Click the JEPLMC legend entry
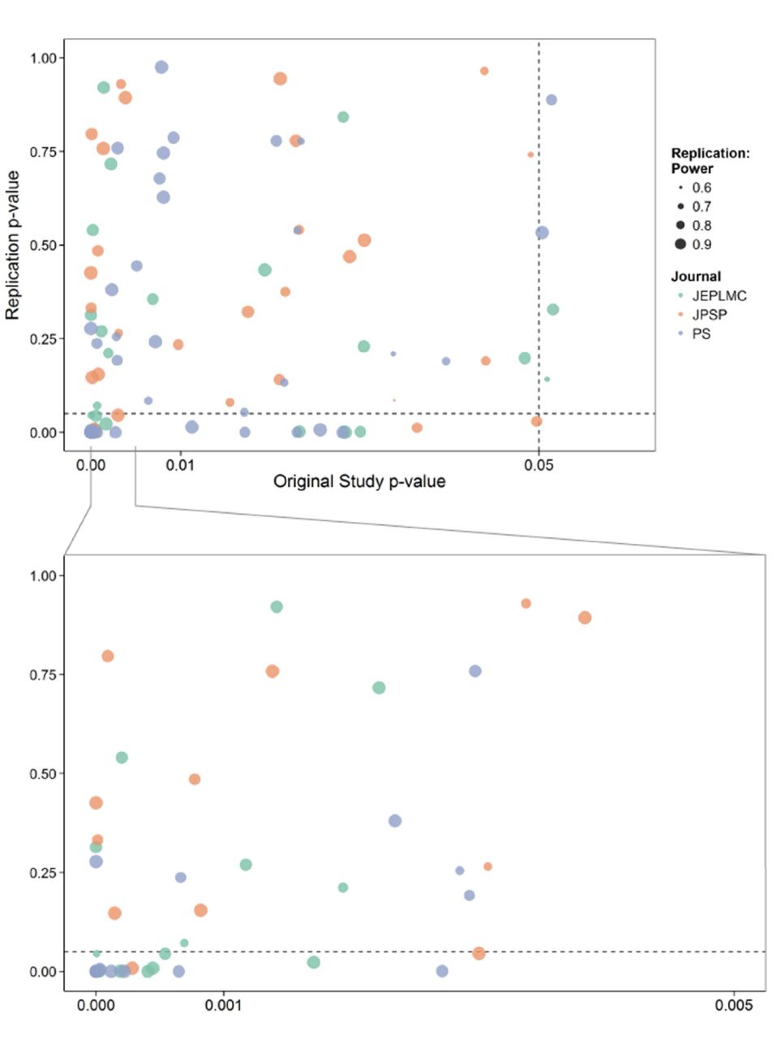(718, 296)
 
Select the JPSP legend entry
(709, 315)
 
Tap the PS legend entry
(701, 334)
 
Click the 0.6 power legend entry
(701, 188)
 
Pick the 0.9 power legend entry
(701, 244)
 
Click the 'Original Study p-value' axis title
(359, 481)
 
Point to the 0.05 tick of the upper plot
(539, 465)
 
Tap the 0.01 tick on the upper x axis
(180, 465)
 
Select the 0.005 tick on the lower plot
(733, 1005)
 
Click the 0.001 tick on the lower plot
(223, 1005)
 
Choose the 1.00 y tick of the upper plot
(43, 58)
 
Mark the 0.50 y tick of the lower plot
(43, 774)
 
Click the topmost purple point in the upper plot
(162, 67)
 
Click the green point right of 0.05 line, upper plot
(553, 309)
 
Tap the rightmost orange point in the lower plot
(584, 618)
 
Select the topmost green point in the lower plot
(277, 607)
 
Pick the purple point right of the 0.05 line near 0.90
(551, 100)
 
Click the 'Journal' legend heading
(695, 277)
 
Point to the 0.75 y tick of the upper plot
(43, 152)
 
